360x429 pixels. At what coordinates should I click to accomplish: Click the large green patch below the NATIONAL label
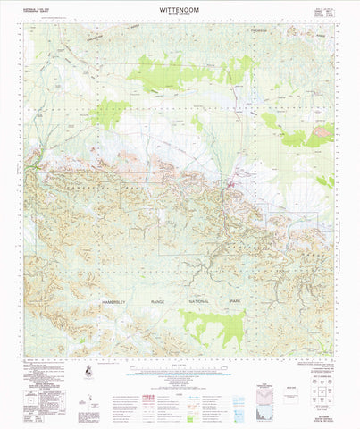point(212,325)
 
